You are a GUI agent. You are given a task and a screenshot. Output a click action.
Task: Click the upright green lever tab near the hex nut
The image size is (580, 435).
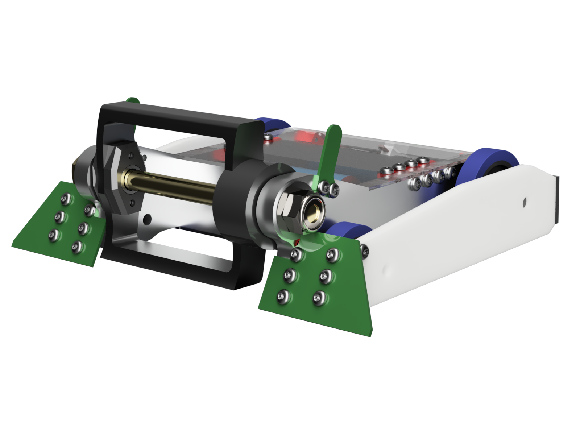point(330,152)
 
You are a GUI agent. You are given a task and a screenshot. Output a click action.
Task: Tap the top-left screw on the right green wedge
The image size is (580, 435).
point(297,254)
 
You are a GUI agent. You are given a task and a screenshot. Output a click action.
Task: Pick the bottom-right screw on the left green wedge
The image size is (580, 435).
point(76,246)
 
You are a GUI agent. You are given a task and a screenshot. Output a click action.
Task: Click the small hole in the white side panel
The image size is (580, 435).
point(525,200)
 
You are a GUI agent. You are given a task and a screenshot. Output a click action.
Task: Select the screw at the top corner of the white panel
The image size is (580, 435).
point(364,249)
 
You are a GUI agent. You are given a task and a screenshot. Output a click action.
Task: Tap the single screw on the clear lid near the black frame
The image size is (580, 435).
point(268,138)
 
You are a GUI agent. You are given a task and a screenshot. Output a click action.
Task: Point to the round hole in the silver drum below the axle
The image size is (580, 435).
point(147,219)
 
